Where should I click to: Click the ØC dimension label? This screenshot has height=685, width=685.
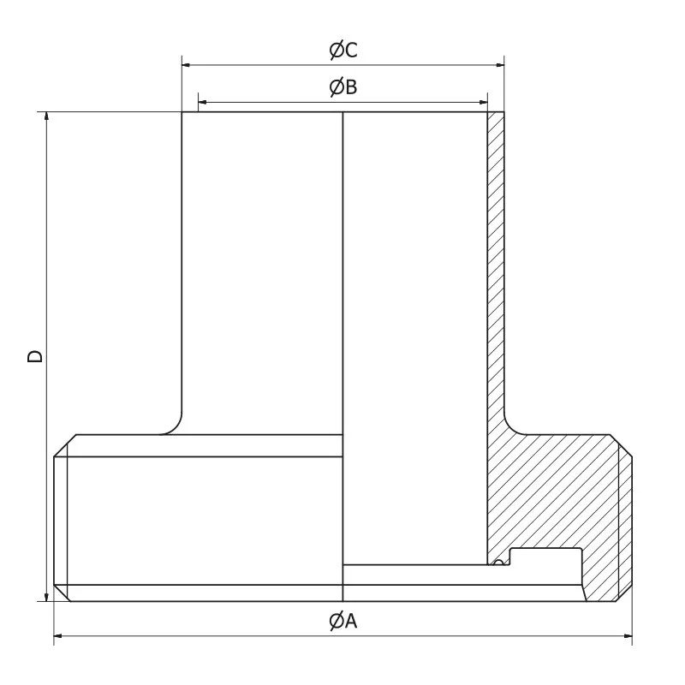(x=343, y=51)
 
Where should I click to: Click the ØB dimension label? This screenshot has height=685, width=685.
(x=342, y=87)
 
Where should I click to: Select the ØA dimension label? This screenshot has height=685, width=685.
(x=342, y=622)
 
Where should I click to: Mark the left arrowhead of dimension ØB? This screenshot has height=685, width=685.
(x=202, y=102)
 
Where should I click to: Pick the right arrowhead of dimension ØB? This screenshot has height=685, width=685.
(x=483, y=102)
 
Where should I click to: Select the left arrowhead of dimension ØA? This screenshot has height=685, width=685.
(x=59, y=637)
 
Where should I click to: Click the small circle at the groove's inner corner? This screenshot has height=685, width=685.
(x=497, y=562)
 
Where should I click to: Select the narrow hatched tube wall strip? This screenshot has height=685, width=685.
(x=496, y=257)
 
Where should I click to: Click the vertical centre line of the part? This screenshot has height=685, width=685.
(x=342, y=342)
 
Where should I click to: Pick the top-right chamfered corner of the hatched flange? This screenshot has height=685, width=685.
(x=624, y=445)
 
